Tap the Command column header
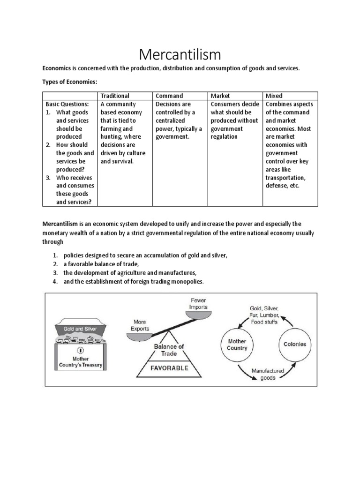(x=170, y=96)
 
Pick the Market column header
(x=221, y=96)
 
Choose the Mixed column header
(x=274, y=96)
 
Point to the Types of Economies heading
(x=70, y=82)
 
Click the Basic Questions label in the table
(x=67, y=104)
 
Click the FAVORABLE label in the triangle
(x=169, y=368)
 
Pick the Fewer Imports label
(x=198, y=304)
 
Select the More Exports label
(x=139, y=326)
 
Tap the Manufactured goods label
(x=268, y=374)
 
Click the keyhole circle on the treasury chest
(x=80, y=350)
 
